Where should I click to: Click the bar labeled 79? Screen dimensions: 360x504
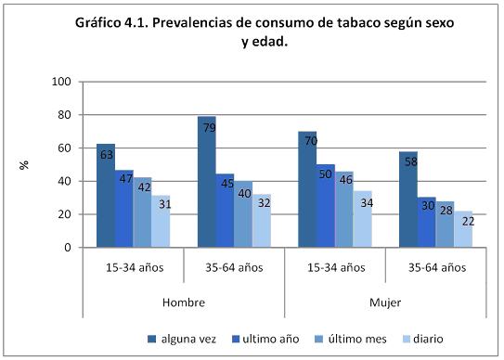[206, 182]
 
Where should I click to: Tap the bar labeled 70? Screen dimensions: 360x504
[307, 189]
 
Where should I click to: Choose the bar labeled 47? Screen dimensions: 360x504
[123, 209]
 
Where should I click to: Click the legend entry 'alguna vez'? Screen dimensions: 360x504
[185, 337]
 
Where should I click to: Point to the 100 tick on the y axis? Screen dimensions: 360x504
[62, 82]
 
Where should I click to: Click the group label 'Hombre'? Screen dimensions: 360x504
[183, 303]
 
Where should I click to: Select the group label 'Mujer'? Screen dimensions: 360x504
[385, 303]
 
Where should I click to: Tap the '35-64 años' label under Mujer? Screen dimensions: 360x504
[435, 268]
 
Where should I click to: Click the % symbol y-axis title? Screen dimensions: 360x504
[25, 164]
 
